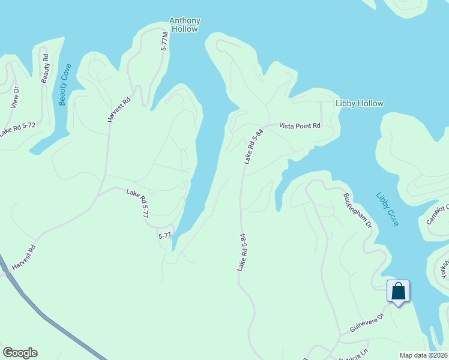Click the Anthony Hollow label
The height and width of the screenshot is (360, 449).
(x=185, y=25)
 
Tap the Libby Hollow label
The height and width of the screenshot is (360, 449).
(x=359, y=103)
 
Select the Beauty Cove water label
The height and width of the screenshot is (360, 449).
(x=64, y=85)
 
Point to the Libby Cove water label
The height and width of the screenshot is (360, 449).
(x=387, y=209)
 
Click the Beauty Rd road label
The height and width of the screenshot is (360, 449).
(x=44, y=68)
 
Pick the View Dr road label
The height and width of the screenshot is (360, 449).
(x=16, y=97)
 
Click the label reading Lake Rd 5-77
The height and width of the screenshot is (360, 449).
(x=137, y=203)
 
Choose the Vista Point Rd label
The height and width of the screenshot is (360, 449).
(x=299, y=125)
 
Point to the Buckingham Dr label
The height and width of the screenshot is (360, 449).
(x=358, y=210)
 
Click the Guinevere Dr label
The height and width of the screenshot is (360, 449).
(x=366, y=323)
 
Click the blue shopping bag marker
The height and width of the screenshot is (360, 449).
(x=398, y=292)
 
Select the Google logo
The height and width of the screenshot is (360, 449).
(x=19, y=353)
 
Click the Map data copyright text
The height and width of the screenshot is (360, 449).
(x=423, y=355)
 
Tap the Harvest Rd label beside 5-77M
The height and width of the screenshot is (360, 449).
(x=119, y=110)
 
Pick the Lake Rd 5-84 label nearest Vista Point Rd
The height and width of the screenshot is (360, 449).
(x=254, y=149)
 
